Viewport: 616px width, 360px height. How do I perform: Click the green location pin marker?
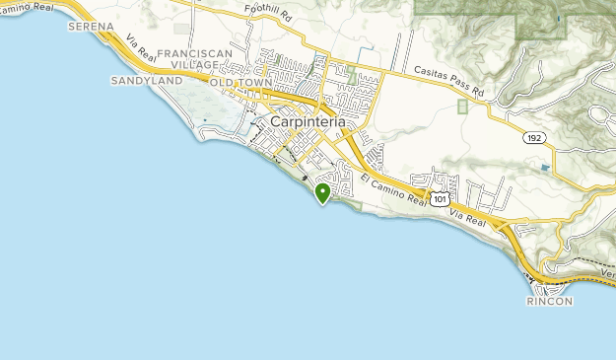pyautogui.click(x=322, y=191)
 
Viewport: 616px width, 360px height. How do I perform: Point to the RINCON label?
pyautogui.click(x=549, y=301)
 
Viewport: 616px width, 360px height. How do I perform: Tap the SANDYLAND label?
pyautogui.click(x=146, y=80)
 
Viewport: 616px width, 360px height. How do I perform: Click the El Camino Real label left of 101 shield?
pyautogui.click(x=393, y=189)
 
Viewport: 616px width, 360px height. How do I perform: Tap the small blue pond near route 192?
pyautogui.click(x=545, y=168)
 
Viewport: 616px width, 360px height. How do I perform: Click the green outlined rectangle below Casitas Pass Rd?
pyautogui.click(x=463, y=107)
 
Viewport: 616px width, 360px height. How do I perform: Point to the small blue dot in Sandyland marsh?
pyautogui.click(x=205, y=120)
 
